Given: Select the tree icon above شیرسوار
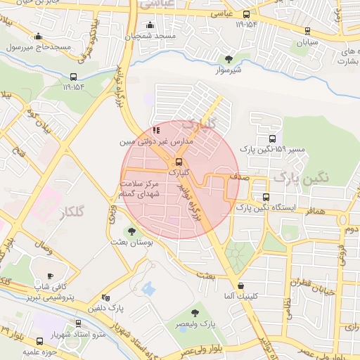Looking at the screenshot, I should (228, 59).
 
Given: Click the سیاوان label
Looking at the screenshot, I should (307, 42).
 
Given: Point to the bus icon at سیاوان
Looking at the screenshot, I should (307, 31).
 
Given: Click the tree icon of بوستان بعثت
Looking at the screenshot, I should (131, 231).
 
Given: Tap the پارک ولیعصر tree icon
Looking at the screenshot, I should (195, 313).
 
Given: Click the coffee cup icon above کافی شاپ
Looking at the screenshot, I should (50, 276).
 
